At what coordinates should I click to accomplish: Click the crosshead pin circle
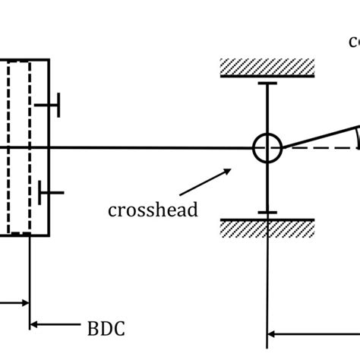pyautogui.click(x=267, y=148)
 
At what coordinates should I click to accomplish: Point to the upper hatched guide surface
pyautogui.click(x=267, y=67)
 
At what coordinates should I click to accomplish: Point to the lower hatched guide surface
pyautogui.click(x=267, y=228)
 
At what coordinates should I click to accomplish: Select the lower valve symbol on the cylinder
pyautogui.click(x=51, y=193)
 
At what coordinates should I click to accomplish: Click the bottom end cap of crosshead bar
pyautogui.click(x=267, y=213)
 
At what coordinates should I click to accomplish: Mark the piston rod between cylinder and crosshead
pyautogui.click(x=152, y=148)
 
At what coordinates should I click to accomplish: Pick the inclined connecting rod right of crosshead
pyautogui.click(x=319, y=137)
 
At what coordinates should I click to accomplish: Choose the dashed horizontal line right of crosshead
pyautogui.click(x=319, y=148)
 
